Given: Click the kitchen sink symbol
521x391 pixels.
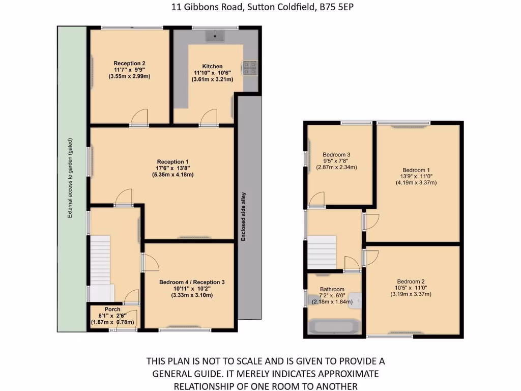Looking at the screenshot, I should point(216,36).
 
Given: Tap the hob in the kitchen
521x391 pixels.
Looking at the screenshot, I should point(250,68).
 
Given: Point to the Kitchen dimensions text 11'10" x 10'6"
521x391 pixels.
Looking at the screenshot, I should point(212,73).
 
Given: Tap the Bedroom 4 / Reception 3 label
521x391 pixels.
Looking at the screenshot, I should point(192,282).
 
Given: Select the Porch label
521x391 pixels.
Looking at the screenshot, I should point(112,310).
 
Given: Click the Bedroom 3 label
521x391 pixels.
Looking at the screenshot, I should point(336,155).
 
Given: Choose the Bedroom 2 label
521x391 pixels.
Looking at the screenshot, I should point(411,282).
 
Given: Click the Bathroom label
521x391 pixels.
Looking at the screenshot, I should point(332,289).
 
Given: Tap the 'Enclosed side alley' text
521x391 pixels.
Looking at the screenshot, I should point(244,216).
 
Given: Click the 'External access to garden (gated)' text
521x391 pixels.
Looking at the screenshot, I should point(70,178).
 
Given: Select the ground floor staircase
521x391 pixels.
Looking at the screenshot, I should point(100,267).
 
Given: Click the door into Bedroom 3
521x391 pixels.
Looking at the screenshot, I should point(316,201).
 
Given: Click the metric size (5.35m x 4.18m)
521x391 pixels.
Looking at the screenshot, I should point(172,175).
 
